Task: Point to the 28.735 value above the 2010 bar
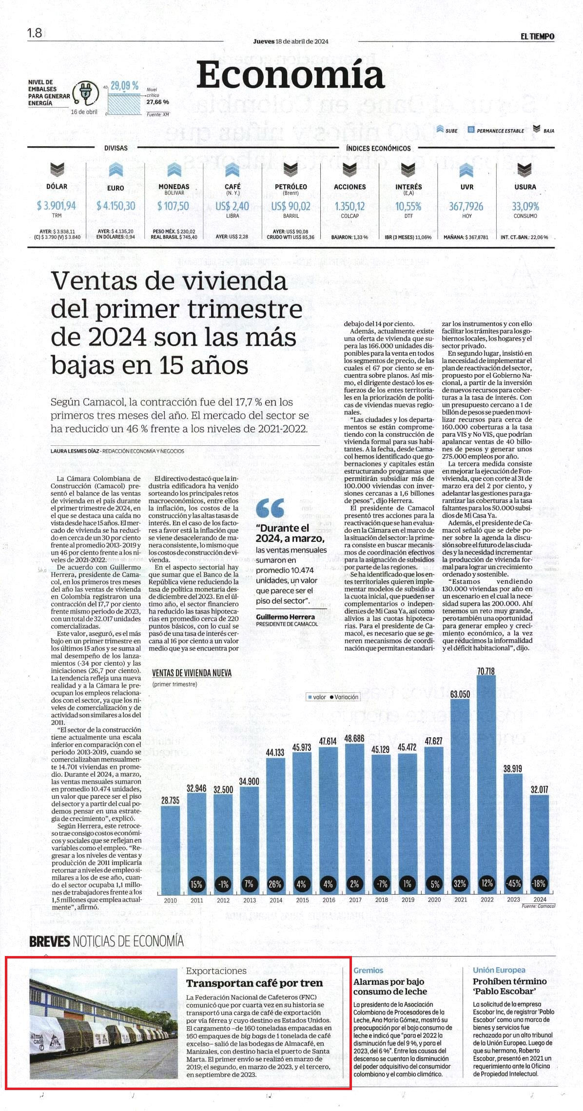click(171, 800)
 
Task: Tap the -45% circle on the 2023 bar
click(513, 883)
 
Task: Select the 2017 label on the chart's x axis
click(355, 900)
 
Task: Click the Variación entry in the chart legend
click(344, 697)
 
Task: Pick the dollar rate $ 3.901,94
click(57, 206)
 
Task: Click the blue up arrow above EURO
click(116, 170)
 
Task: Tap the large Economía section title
click(291, 75)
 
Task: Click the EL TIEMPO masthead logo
click(537, 36)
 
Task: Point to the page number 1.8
click(35, 33)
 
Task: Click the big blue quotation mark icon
click(270, 508)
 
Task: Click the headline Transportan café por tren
click(254, 983)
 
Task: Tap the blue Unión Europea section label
click(499, 970)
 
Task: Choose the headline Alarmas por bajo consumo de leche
click(390, 986)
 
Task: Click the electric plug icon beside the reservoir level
click(86, 93)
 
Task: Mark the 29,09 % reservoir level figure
click(124, 86)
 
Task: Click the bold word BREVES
click(50, 941)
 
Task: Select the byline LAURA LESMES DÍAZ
click(75, 451)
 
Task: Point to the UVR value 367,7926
click(466, 206)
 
